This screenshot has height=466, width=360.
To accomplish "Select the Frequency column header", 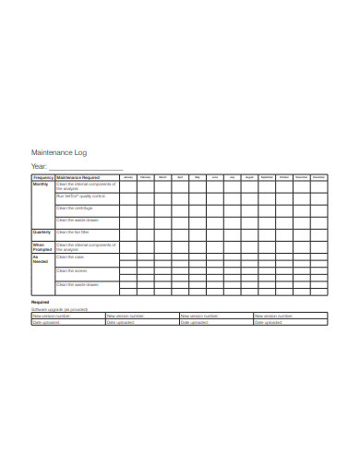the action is tap(43, 176).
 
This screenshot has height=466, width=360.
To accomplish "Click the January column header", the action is tap(128, 176).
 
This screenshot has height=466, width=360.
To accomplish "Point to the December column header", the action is tap(318, 176).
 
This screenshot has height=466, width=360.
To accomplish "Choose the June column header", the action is tap(214, 176).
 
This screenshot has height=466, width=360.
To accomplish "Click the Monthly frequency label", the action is tap(42, 184).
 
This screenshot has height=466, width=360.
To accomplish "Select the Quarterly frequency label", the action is tap(42, 232).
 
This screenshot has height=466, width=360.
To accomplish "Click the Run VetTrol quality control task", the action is tap(81, 197).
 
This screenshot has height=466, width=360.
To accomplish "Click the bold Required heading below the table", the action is tap(41, 302).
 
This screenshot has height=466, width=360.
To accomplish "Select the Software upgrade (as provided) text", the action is tap(60, 309).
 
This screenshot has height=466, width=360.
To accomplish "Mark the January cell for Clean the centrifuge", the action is tap(128, 209).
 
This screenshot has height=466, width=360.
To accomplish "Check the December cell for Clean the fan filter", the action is tap(318, 232).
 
